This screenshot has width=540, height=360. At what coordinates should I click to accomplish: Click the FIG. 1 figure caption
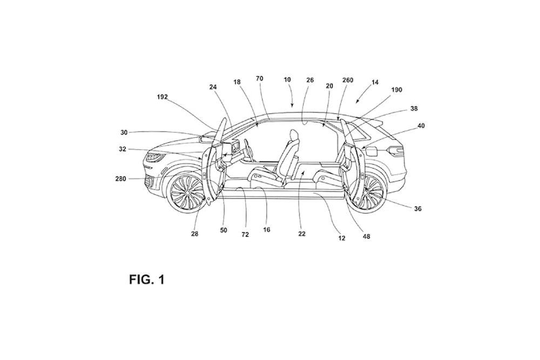[146, 280]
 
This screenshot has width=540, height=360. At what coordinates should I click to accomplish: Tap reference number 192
[163, 98]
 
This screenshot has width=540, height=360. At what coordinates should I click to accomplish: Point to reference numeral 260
[348, 80]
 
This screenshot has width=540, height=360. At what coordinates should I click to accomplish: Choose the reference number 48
[367, 236]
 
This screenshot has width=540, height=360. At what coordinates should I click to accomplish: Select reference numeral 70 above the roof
[260, 79]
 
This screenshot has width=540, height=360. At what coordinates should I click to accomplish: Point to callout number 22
[302, 234]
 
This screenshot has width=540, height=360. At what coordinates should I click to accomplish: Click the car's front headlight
[155, 158]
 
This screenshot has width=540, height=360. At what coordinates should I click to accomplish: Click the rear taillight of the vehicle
[397, 151]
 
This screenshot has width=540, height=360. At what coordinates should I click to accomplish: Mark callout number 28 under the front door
[195, 234]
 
